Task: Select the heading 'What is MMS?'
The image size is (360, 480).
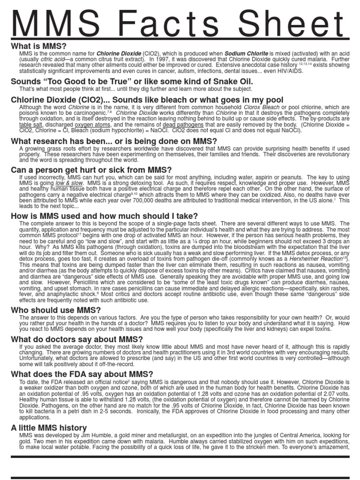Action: [x=39, y=46]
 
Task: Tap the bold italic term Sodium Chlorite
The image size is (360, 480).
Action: [x=244, y=54]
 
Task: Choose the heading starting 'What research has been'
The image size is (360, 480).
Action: [x=114, y=141]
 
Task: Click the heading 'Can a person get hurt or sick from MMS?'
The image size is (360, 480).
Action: [x=91, y=169]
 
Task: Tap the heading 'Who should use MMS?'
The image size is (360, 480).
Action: [x=56, y=310]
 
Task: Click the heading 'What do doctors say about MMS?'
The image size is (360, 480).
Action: [x=77, y=339]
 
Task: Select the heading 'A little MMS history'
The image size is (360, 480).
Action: [x=49, y=427]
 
